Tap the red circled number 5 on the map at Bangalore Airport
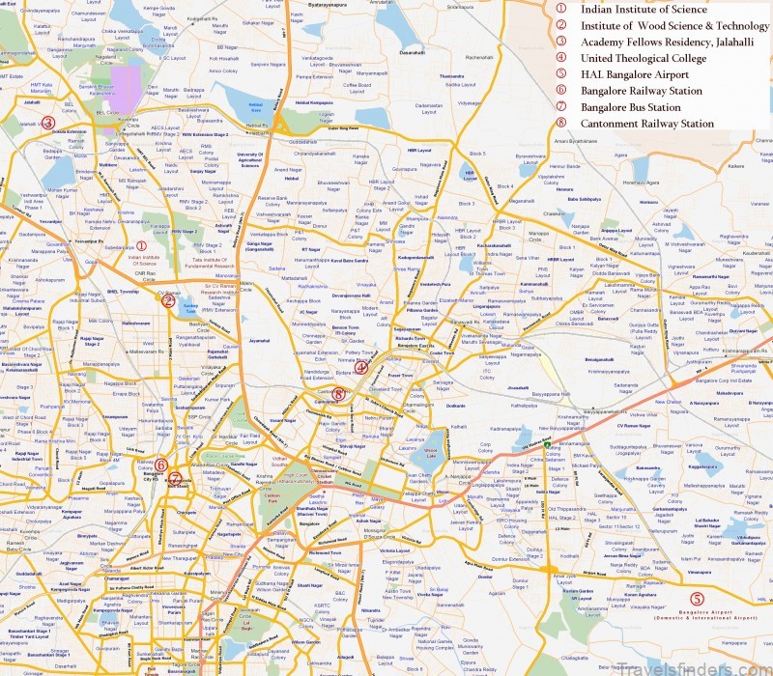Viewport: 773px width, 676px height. click(710, 599)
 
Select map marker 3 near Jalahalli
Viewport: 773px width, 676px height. click(47, 122)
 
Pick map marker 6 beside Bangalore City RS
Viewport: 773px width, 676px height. click(160, 465)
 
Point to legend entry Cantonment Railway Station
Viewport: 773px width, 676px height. click(647, 124)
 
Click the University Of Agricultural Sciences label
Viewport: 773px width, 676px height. click(249, 160)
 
